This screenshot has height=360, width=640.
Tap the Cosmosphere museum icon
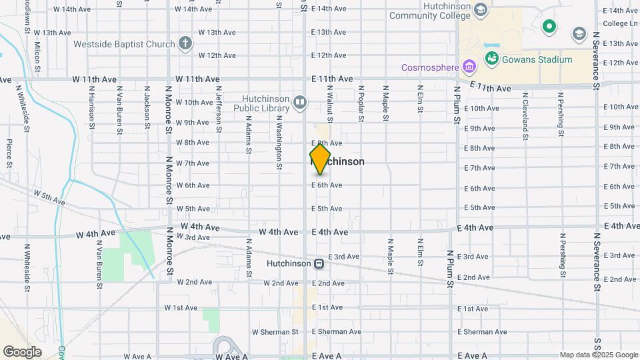pyautogui.click(x=470, y=67)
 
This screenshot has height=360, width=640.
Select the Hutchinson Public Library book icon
pyautogui.click(x=299, y=102)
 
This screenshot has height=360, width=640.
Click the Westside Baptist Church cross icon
pyautogui.click(x=185, y=45)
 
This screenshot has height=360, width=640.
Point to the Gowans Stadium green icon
pyautogui.click(x=492, y=59)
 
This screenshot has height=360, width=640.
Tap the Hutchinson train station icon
pyautogui.click(x=319, y=263)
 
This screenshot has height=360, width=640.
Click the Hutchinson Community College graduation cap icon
pyautogui.click(x=481, y=10)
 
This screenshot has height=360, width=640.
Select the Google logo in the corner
pyautogui.click(x=22, y=351)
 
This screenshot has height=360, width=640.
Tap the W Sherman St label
pyautogui.click(x=275, y=332)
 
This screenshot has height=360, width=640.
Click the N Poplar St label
pyautogui.click(x=361, y=103)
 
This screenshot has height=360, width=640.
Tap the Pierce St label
pyautogui.click(x=9, y=153)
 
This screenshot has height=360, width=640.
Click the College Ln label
pyautogui.click(x=620, y=23)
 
